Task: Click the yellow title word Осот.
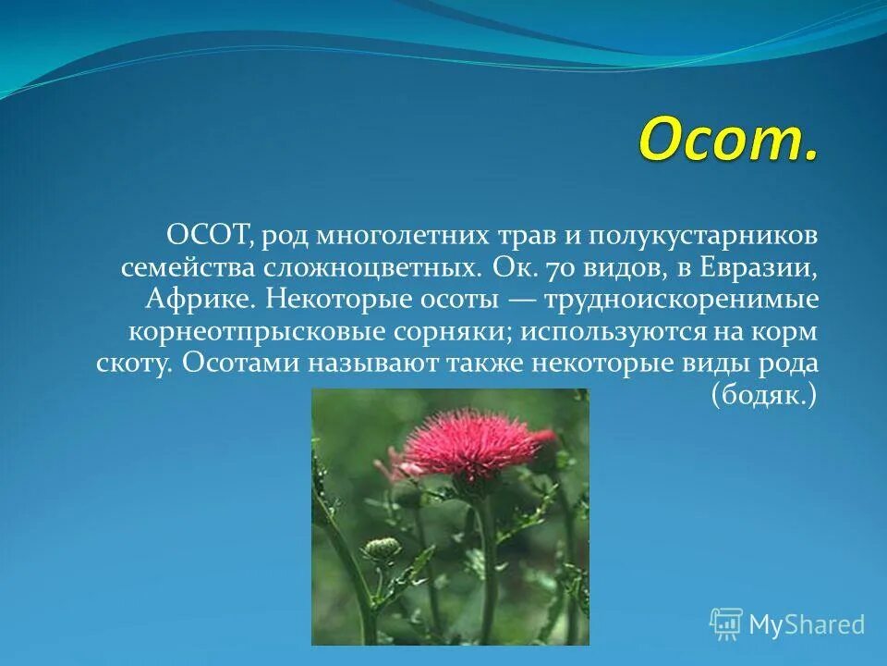[726, 141]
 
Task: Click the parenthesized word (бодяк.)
[764, 395]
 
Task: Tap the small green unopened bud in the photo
[382, 549]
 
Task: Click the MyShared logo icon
[726, 624]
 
